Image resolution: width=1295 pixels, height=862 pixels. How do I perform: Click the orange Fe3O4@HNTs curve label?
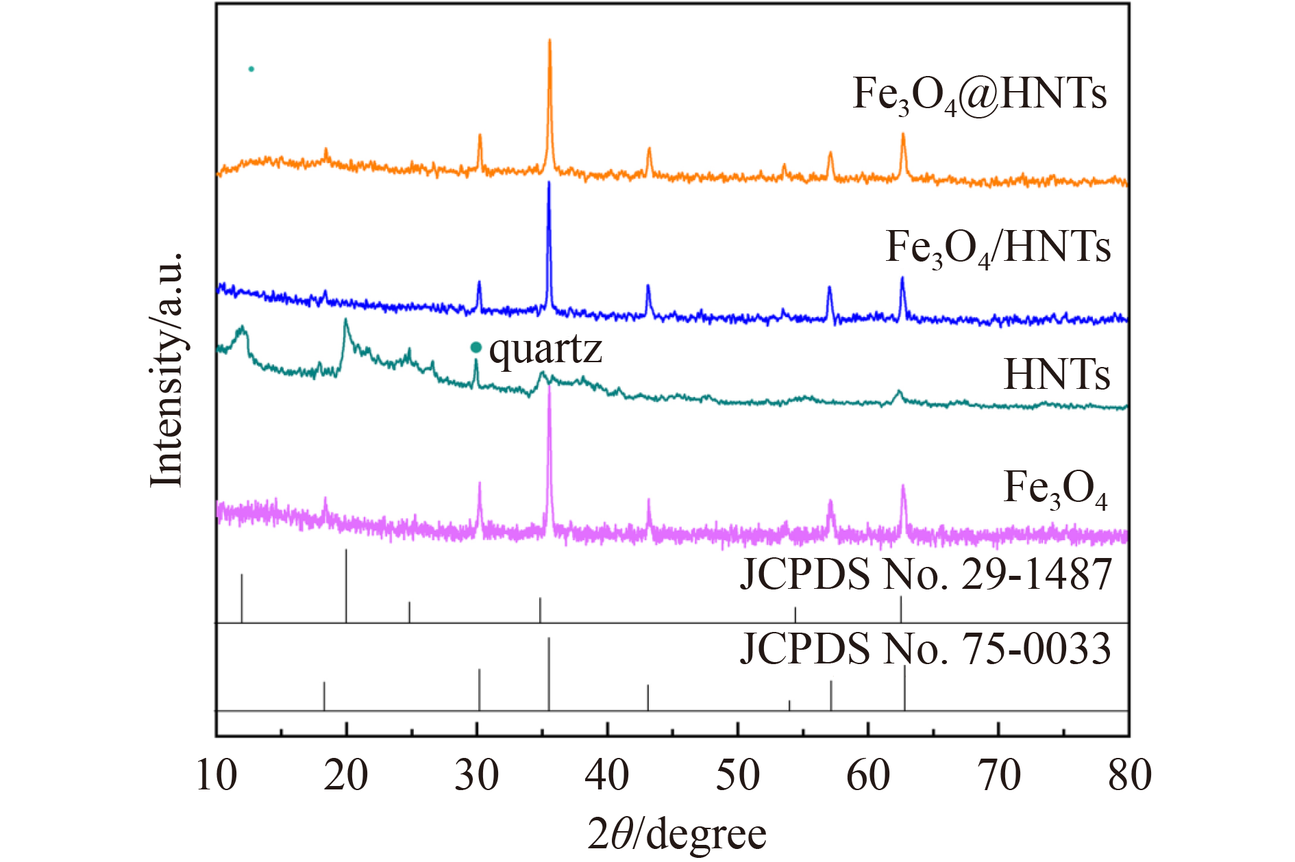[x=979, y=94]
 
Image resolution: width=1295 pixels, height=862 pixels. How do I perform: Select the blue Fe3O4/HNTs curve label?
[x=998, y=248]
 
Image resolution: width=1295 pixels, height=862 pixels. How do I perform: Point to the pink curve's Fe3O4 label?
[x=1055, y=490]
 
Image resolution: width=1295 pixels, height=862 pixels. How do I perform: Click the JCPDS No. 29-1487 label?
[x=925, y=574]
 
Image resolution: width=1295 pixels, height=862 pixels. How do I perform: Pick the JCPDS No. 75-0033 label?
[x=925, y=648]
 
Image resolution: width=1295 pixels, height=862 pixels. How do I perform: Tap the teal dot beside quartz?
[x=476, y=348]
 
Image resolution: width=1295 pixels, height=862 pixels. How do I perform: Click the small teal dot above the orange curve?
[x=251, y=69]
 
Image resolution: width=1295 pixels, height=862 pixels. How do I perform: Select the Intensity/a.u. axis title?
[x=166, y=370]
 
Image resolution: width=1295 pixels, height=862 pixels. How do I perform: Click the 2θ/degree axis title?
[x=677, y=835]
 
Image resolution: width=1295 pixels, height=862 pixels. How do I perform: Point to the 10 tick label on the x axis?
[x=217, y=776]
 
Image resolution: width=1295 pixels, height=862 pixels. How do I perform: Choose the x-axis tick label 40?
[x=607, y=776]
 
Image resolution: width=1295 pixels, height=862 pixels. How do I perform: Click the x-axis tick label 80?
[x=1129, y=776]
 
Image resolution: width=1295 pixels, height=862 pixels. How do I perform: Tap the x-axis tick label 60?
[x=868, y=776]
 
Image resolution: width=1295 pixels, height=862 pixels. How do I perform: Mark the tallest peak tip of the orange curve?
[x=550, y=40]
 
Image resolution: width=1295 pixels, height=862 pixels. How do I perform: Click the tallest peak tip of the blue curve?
[x=549, y=183]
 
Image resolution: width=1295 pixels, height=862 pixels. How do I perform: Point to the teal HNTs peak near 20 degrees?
[x=345, y=320]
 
